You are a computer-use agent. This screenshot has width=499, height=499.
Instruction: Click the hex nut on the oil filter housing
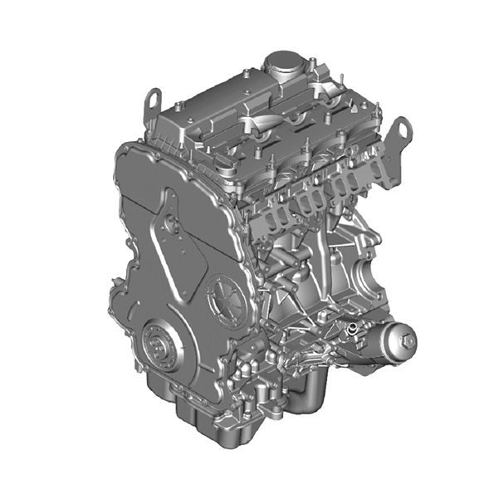pos(407,339)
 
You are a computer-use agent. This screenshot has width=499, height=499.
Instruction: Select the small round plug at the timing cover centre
pos(172,223)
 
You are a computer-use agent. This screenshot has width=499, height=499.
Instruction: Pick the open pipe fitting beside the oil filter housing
pos(352,331)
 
